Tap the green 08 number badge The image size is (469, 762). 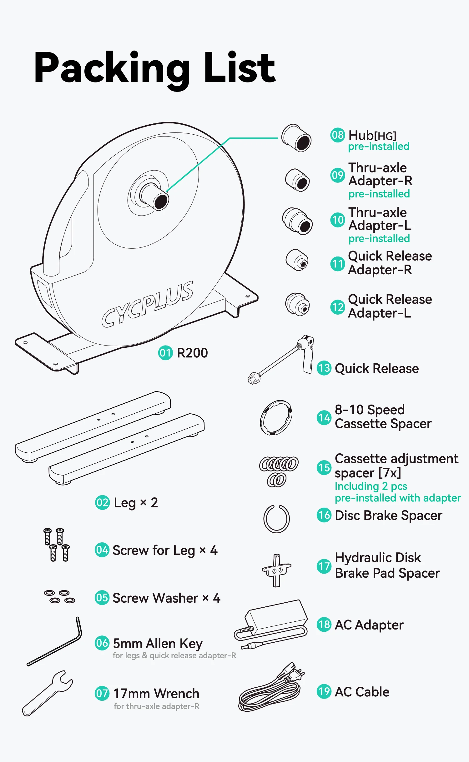337,135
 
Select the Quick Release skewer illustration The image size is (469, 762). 281,359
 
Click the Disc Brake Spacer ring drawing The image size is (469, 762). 276,519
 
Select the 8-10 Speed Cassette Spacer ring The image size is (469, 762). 276,418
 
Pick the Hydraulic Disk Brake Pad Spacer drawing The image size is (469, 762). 276,570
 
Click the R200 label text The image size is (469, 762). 192,353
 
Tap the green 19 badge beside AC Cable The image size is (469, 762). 324,692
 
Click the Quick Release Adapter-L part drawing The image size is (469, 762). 297,305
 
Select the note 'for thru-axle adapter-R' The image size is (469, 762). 156,706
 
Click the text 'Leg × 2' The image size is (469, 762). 136,503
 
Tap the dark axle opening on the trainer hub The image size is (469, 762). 161,202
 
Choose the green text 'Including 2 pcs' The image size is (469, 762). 371,486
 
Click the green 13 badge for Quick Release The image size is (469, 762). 324,368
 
